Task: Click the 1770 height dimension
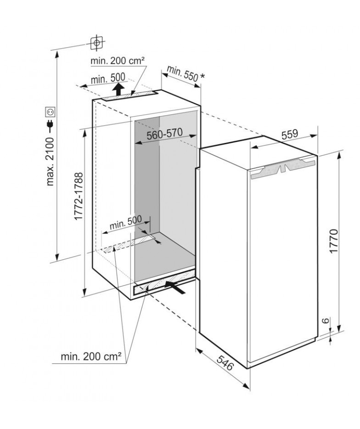tap(334, 242)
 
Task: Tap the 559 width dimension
tap(290, 134)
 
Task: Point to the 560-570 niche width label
tap(164, 134)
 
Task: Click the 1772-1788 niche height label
tap(79, 196)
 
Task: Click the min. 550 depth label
tap(182, 73)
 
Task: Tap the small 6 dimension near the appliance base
tap(325, 321)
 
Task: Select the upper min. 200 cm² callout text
tap(118, 61)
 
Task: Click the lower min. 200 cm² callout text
tap(91, 357)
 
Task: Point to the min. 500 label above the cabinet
tap(107, 78)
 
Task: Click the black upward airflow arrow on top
tap(118, 89)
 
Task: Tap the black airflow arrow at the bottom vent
tap(175, 288)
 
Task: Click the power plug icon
tap(51, 125)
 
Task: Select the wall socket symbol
tap(51, 112)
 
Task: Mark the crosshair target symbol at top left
tap(96, 43)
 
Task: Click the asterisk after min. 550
tap(202, 76)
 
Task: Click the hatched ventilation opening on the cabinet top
tap(129, 96)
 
